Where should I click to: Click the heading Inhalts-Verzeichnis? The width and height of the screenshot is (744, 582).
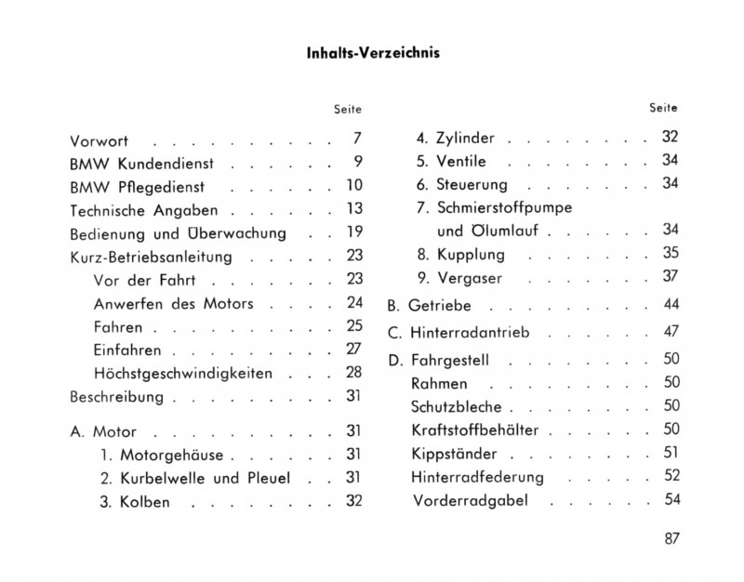373,53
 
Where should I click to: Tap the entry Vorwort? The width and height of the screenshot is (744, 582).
99,143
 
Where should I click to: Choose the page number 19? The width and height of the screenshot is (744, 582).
353,231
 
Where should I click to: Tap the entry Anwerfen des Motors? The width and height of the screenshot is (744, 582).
174,303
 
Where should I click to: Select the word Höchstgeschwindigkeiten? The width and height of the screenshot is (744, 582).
182,374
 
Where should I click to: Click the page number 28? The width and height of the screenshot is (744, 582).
353,373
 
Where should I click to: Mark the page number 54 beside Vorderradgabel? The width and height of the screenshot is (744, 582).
671,500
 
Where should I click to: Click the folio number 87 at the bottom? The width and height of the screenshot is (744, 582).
672,541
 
